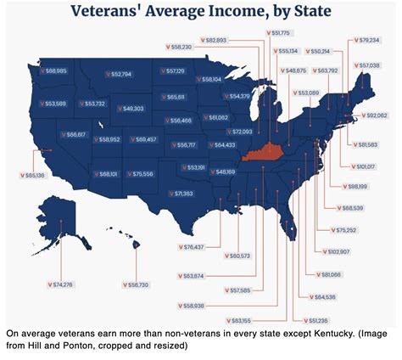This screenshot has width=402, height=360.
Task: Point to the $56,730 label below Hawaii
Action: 135,284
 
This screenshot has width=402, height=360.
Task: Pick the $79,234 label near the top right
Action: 368,40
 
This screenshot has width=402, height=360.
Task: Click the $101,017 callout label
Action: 366,166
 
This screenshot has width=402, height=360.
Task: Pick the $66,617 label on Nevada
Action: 71,134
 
